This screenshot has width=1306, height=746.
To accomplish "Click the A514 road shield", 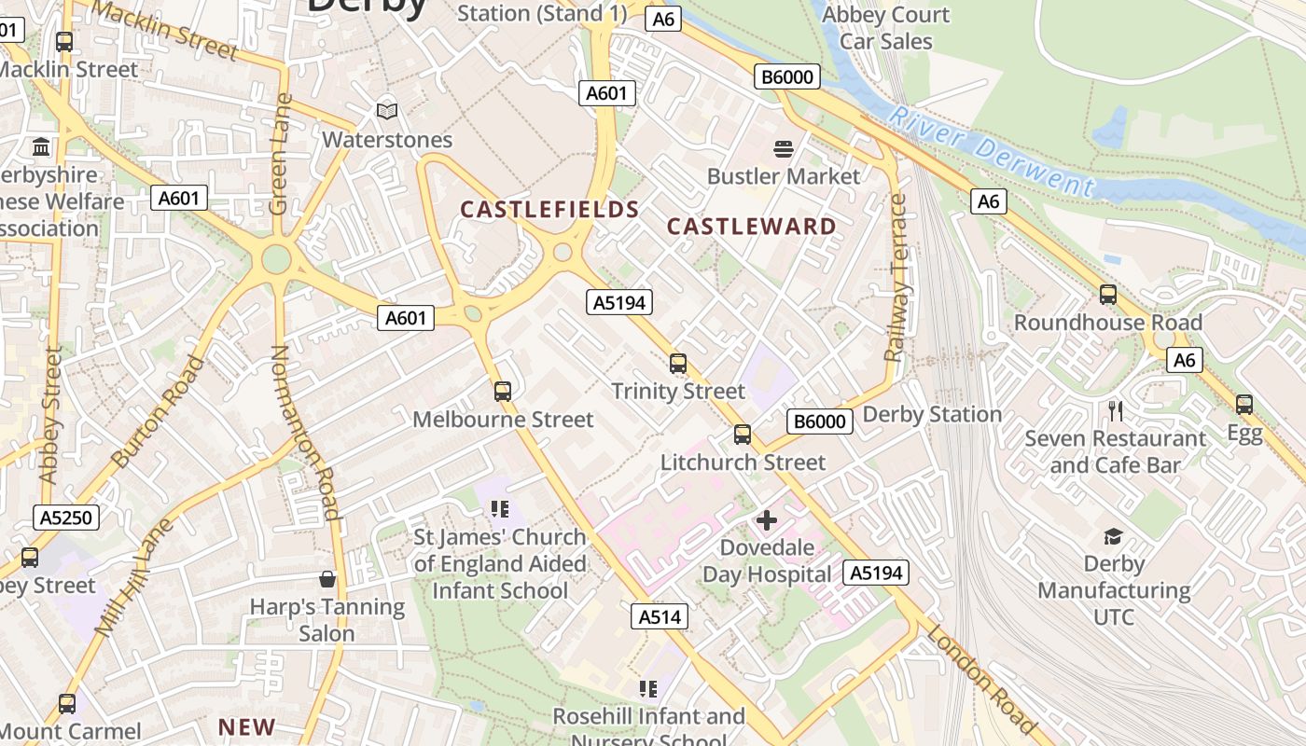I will [x=661, y=616].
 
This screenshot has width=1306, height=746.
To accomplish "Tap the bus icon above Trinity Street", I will [x=678, y=364].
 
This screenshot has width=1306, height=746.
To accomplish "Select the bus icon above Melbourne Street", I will [x=503, y=392].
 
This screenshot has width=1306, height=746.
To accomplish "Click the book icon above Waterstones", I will [x=387, y=112].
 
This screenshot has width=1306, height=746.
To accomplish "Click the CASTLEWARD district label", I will [x=752, y=227].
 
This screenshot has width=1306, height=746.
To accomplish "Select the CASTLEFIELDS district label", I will [x=549, y=210].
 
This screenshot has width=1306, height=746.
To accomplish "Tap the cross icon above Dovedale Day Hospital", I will [x=767, y=520].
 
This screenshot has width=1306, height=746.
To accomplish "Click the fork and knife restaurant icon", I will [x=1115, y=410].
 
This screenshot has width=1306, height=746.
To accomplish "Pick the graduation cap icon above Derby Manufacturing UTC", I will [x=1113, y=536].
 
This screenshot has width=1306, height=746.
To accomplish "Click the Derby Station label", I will [x=932, y=414].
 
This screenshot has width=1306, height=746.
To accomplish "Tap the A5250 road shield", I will [x=66, y=518].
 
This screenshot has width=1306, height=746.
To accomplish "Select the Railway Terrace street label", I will [x=896, y=277].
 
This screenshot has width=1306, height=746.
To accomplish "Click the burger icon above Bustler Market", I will [x=783, y=149].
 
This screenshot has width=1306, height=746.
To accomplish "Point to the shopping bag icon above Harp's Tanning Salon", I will [x=326, y=579].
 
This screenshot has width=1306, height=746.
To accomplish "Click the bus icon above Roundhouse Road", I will [x=1107, y=295].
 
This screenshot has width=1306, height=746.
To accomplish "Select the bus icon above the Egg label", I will [x=1243, y=405].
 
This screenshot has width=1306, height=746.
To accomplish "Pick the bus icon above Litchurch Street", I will [x=743, y=435].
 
